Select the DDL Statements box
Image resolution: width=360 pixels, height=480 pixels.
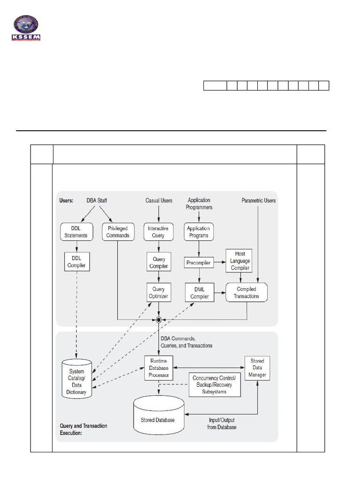point(76,232)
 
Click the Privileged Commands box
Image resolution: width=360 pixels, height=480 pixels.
point(118,232)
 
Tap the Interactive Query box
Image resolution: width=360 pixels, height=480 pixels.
point(158,232)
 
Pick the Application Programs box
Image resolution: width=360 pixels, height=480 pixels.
point(198,232)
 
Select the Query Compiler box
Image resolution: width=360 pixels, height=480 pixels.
point(158,262)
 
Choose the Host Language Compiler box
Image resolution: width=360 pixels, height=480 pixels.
point(240,260)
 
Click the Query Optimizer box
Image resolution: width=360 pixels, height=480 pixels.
point(158,293)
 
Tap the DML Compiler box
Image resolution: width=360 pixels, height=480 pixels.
point(198,293)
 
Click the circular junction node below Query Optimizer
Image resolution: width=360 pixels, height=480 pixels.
point(159,320)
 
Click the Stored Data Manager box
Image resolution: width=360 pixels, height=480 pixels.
point(257,368)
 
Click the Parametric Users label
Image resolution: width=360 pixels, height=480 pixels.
point(258,201)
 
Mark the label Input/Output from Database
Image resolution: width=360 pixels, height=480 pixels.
point(222,424)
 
